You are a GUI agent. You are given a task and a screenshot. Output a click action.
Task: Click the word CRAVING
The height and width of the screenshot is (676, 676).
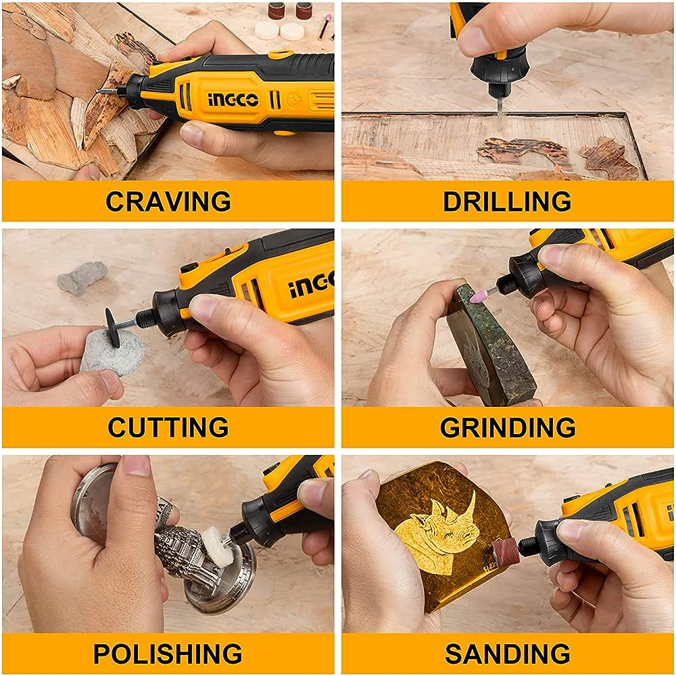click(168, 201)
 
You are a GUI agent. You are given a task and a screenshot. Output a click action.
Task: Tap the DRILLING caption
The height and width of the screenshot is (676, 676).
click(507, 201)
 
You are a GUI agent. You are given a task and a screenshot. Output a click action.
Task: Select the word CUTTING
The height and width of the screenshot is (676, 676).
click(168, 427)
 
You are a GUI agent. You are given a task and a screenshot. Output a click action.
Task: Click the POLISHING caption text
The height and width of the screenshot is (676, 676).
click(168, 654)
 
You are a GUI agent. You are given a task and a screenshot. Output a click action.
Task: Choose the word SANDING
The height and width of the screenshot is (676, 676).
click(507, 654)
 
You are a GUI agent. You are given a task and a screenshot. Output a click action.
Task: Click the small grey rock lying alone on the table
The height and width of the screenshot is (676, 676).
click(82, 277)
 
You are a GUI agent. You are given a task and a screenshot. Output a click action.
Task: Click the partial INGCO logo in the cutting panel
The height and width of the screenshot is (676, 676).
click(312, 287)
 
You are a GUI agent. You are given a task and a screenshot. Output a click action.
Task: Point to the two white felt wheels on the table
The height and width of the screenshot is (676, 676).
click(279, 30)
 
